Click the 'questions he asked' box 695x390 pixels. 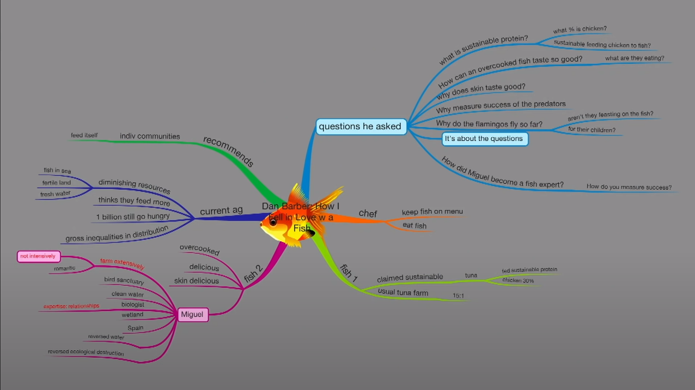coord(360,127)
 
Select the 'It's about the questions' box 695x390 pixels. coord(484,139)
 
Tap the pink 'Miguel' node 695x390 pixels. coord(192,314)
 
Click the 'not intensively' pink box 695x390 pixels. coord(38,256)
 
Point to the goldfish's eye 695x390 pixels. coord(273,222)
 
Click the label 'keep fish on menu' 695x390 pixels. coord(432,212)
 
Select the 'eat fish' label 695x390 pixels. coord(414,225)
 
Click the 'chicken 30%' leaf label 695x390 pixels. coord(518,280)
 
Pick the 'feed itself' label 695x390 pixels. coord(84,135)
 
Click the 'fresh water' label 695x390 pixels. coord(55,194)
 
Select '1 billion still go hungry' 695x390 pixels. coord(133,217)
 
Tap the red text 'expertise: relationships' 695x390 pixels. coord(71,307)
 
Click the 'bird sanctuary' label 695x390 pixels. coord(124,281)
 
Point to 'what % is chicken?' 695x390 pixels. coord(580,29)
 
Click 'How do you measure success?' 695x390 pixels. coord(629,187)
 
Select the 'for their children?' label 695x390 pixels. coord(592,130)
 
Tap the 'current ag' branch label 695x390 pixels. coord(221,211)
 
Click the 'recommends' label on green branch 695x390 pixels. coord(229,152)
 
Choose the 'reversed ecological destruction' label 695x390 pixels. coord(86,352)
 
